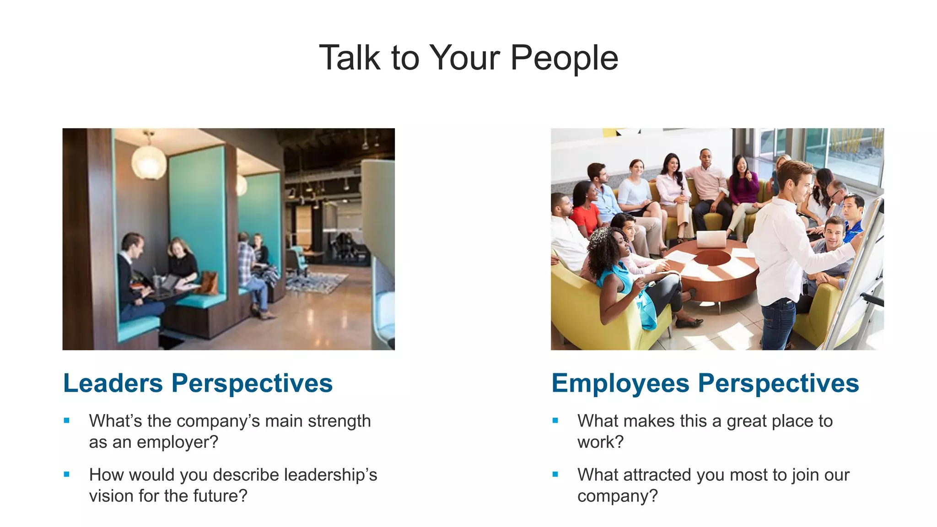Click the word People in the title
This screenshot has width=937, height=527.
tap(564, 58)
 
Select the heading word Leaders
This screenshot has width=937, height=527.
tap(113, 383)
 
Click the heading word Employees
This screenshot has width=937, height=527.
tap(620, 383)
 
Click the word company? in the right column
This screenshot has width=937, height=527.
tap(617, 496)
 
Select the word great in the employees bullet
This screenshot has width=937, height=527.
tap(748, 421)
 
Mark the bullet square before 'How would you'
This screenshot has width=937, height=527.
tap(67, 474)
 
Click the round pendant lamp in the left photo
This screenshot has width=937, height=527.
tap(149, 161)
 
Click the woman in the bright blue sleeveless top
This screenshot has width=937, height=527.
tap(627, 279)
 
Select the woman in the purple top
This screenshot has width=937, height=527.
tap(743, 188)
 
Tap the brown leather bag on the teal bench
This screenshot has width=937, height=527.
tap(208, 283)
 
